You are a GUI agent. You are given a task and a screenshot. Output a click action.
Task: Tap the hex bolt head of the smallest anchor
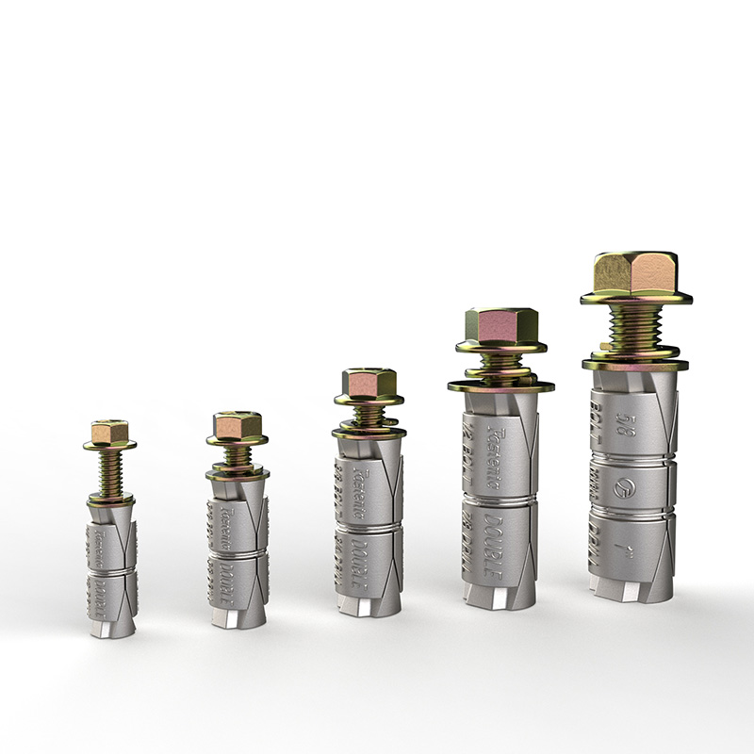[109, 433]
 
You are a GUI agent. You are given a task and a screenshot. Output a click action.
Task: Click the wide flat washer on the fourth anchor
[500, 385]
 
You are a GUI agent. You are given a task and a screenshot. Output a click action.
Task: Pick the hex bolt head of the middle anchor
[368, 383]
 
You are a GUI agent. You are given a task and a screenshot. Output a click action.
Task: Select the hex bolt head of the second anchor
[237, 426]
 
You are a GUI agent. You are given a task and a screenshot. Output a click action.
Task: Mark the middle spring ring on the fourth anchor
[499, 497]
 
